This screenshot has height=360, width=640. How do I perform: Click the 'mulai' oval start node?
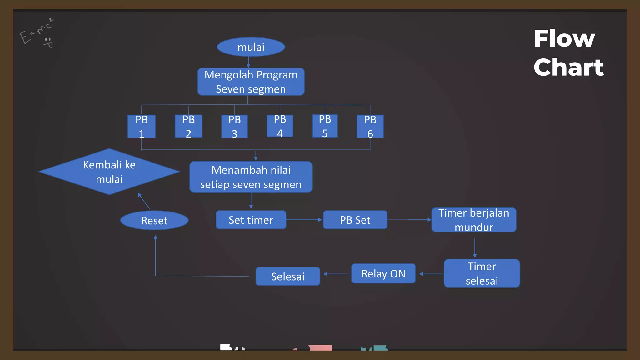point(251,47)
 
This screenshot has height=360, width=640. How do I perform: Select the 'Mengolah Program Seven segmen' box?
point(251,82)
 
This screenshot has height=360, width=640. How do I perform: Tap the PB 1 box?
point(142,127)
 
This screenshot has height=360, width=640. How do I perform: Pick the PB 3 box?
point(234,127)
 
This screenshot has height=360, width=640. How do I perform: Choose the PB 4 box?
point(280,126)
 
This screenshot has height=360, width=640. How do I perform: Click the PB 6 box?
point(370,127)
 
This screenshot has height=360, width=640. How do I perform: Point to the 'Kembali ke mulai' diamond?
point(109,172)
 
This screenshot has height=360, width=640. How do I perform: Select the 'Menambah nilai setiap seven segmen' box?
point(251,177)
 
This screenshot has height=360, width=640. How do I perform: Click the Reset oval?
point(154,221)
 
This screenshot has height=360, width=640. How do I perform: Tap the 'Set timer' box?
point(251,220)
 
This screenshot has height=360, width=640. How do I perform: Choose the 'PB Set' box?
point(355,220)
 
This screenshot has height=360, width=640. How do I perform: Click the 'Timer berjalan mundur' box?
point(474,220)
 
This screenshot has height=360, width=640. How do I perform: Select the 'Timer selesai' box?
point(482,273)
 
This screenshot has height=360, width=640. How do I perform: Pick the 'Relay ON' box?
point(383,274)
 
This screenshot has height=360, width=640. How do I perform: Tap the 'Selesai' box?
point(288,277)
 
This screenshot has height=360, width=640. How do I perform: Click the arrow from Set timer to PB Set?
point(304,220)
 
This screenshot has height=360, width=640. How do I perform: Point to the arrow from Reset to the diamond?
point(144,201)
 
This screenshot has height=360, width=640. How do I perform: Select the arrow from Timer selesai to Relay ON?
point(431,274)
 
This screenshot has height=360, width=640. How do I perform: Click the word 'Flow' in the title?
point(564,39)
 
